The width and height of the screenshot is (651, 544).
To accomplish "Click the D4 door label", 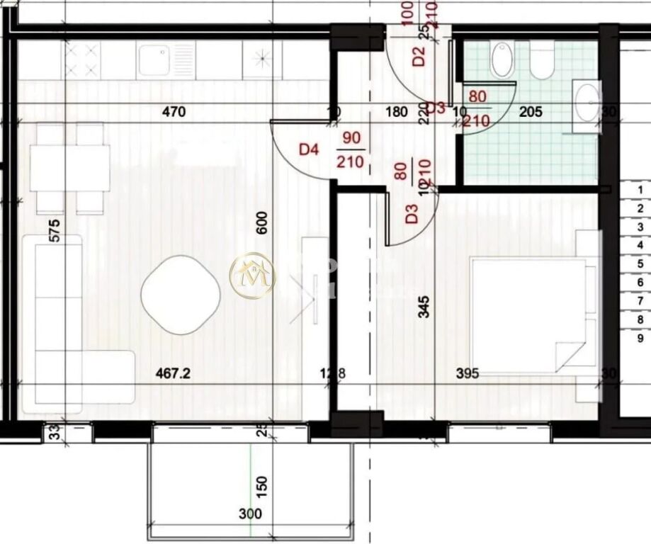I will click(309, 149).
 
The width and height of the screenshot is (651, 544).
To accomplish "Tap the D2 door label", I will click(418, 56).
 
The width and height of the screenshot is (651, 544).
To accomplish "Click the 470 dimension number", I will click(173, 111).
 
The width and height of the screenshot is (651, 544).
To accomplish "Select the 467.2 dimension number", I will click(173, 373).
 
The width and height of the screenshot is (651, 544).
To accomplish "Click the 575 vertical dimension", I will click(55, 232).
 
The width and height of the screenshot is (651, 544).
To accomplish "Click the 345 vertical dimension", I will click(423, 308).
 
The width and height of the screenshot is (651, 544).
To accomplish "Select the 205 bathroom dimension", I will click(531, 111).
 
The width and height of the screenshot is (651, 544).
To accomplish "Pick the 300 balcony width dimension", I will click(249, 514).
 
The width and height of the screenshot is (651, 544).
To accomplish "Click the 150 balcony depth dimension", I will click(261, 485).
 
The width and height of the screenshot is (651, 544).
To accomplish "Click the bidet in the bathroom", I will click(502, 59).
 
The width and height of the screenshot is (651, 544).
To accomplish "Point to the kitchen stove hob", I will click(82, 59).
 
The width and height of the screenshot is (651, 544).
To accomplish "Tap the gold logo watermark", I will click(252, 276).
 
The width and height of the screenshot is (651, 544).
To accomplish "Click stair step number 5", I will click(640, 263).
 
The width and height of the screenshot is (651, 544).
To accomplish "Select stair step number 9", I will click(640, 337).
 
